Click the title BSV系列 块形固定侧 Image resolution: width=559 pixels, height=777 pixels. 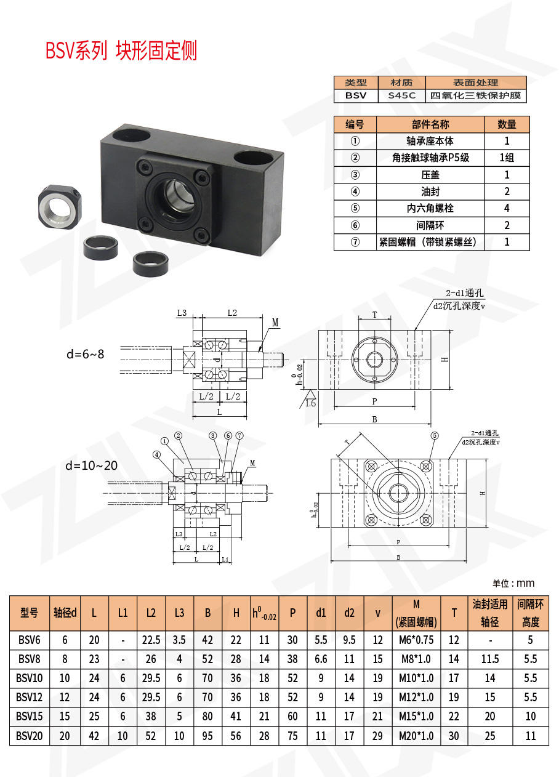pos(121,51)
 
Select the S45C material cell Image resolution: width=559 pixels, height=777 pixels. pos(401,95)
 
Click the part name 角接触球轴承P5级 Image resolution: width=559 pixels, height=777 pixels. pos(430,158)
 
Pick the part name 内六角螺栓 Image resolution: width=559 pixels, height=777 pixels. pos(430,208)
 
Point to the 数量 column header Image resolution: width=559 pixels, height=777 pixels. pos(507,124)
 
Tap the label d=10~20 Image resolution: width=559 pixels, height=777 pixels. pos(92,465)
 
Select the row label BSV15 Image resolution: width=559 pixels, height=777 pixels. pos(30,716)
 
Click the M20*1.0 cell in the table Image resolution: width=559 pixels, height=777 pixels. pos(416,736)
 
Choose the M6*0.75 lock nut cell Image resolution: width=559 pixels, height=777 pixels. pos(416,640)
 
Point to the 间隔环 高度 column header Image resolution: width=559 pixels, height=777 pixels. pos(530,613)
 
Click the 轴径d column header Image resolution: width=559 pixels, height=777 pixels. pos(65,613)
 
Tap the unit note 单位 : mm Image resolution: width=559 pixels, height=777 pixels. pos(513,583)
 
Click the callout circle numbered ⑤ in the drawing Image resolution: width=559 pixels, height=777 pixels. pos(434,435)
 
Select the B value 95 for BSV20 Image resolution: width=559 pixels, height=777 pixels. pos(207,736)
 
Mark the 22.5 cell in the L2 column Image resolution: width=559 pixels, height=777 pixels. pos(151,640)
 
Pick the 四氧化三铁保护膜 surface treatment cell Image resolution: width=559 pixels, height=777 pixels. pos(475,95)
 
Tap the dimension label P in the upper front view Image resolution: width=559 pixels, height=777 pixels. pos(374,401)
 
